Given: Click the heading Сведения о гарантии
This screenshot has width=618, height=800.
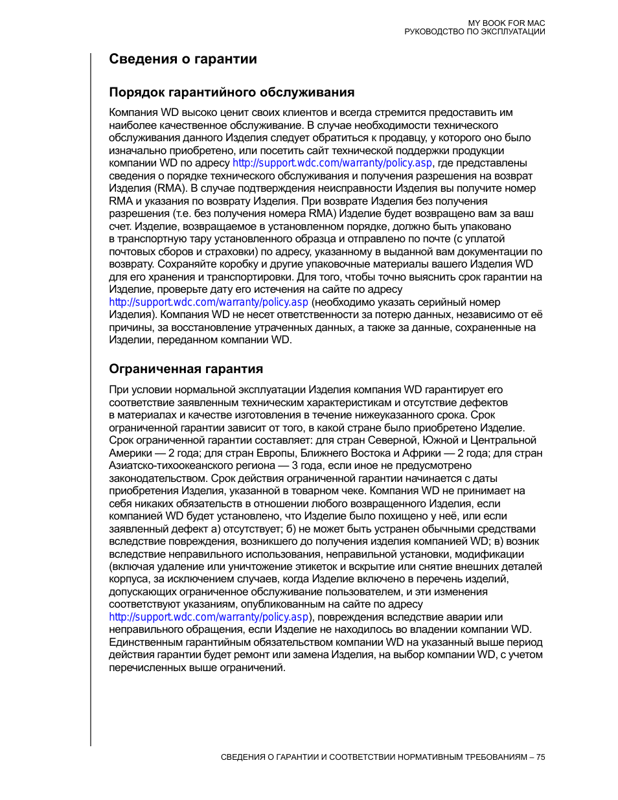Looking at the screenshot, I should coord(183,59).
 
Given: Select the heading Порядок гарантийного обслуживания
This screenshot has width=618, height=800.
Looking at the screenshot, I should coord(231,92).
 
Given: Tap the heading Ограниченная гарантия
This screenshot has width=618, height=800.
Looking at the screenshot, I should coord(186,369).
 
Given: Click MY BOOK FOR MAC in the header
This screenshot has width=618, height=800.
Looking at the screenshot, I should coord(507,23).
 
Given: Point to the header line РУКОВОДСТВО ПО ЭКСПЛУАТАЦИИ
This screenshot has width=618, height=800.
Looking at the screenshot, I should coord(474,32).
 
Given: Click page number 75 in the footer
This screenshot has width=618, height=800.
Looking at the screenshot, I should coord(540,757).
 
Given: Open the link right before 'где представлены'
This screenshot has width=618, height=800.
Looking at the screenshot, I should coord(332,163).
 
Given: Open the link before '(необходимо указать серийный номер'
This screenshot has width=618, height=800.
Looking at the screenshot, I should coord(208,303).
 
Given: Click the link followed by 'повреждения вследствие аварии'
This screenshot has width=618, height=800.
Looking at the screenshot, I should coord(208,617).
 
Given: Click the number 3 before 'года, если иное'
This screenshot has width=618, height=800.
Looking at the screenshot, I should coord(295,466).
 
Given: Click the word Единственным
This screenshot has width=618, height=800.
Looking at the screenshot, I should coord(141,643).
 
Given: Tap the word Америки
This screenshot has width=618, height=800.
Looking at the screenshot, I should coord(130,453).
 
